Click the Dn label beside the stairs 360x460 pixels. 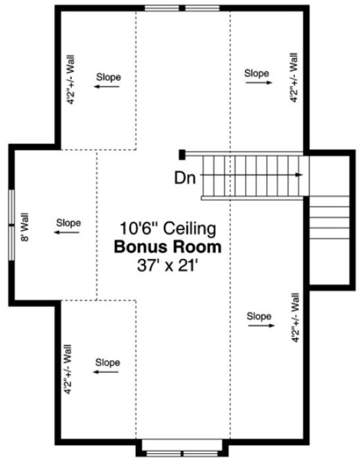tap(185, 177)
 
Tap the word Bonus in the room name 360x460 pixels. tap(139, 246)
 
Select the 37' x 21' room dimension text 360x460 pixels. tap(168, 264)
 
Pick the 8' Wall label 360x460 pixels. tap(26, 229)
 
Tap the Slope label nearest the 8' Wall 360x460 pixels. tap(68, 223)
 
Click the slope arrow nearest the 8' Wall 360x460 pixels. tap(68, 233)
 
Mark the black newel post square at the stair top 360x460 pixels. tap(182, 154)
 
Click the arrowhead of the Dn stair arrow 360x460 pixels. tap(299, 175)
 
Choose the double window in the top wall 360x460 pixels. tap(183, 8)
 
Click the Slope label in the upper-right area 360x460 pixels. tap(257, 72)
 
